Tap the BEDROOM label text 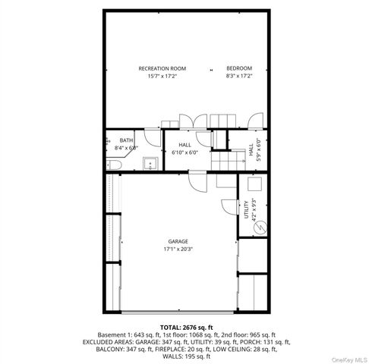tap(238, 68)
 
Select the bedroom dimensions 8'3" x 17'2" tap(238, 76)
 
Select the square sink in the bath tap(150, 162)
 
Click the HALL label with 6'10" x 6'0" tap(184, 144)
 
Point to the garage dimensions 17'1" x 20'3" tap(178, 249)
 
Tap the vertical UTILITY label tap(245, 209)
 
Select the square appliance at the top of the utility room tap(254, 184)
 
